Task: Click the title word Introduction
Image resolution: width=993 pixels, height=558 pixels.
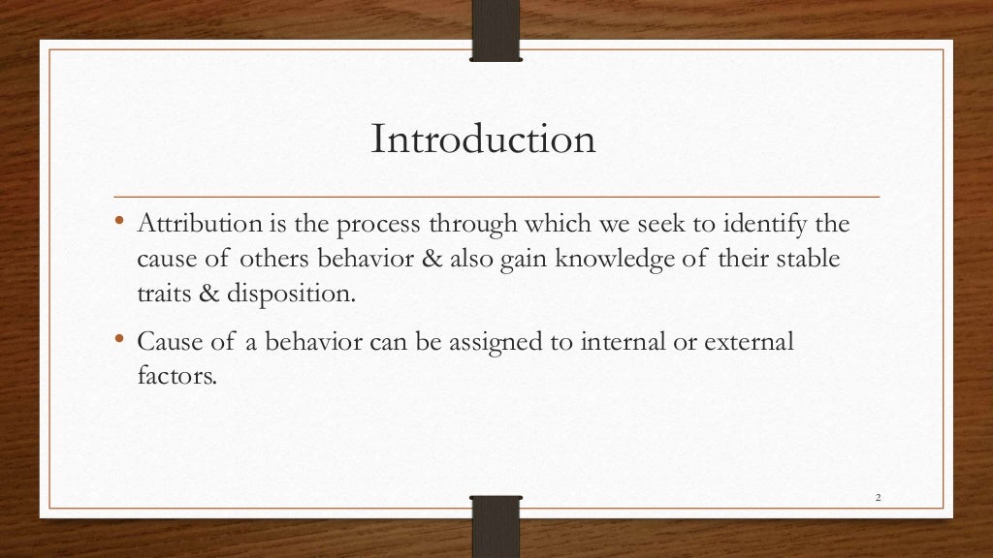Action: click(x=483, y=139)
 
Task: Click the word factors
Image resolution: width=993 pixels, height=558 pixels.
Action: click(x=174, y=376)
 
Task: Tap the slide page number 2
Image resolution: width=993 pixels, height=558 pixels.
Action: click(x=877, y=498)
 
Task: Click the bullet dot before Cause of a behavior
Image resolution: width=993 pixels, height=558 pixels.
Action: click(x=120, y=340)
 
